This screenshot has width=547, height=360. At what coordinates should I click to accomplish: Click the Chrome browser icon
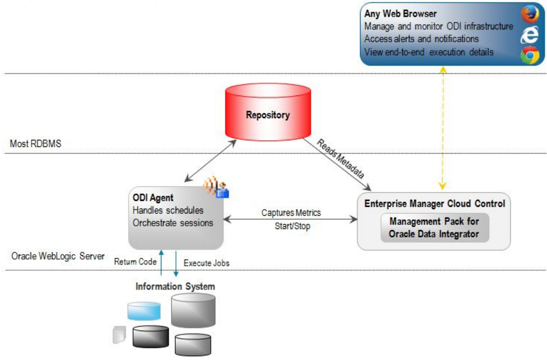(529, 55)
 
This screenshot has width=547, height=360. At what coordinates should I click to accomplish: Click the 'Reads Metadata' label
(341, 159)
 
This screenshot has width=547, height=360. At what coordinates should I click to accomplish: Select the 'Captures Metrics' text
(291, 213)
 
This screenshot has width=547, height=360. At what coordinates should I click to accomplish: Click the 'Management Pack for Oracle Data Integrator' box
(434, 227)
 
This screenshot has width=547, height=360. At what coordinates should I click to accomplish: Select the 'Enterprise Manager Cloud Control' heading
(434, 204)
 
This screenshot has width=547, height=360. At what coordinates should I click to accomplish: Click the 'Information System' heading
(175, 287)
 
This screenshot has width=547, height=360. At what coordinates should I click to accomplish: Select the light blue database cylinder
(144, 311)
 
